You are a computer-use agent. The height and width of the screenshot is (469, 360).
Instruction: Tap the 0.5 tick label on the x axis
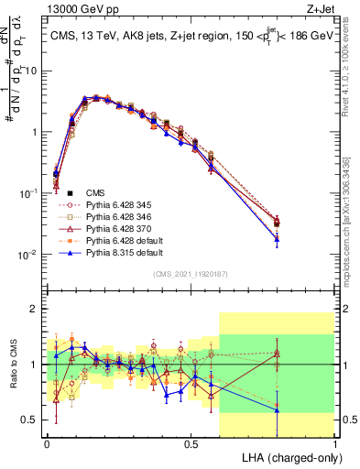(x=191, y=442)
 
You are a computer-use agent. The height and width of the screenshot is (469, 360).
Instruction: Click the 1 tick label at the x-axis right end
(x=334, y=442)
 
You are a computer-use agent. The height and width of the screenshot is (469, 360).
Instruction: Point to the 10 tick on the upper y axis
(x=31, y=71)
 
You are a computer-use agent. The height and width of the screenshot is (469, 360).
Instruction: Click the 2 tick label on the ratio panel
(x=34, y=310)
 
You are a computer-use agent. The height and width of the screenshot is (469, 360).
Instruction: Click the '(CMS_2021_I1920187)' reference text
(x=190, y=273)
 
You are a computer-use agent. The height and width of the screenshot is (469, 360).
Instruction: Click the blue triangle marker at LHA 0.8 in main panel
(x=277, y=239)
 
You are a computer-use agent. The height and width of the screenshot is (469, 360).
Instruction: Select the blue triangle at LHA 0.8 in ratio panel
(x=277, y=409)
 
